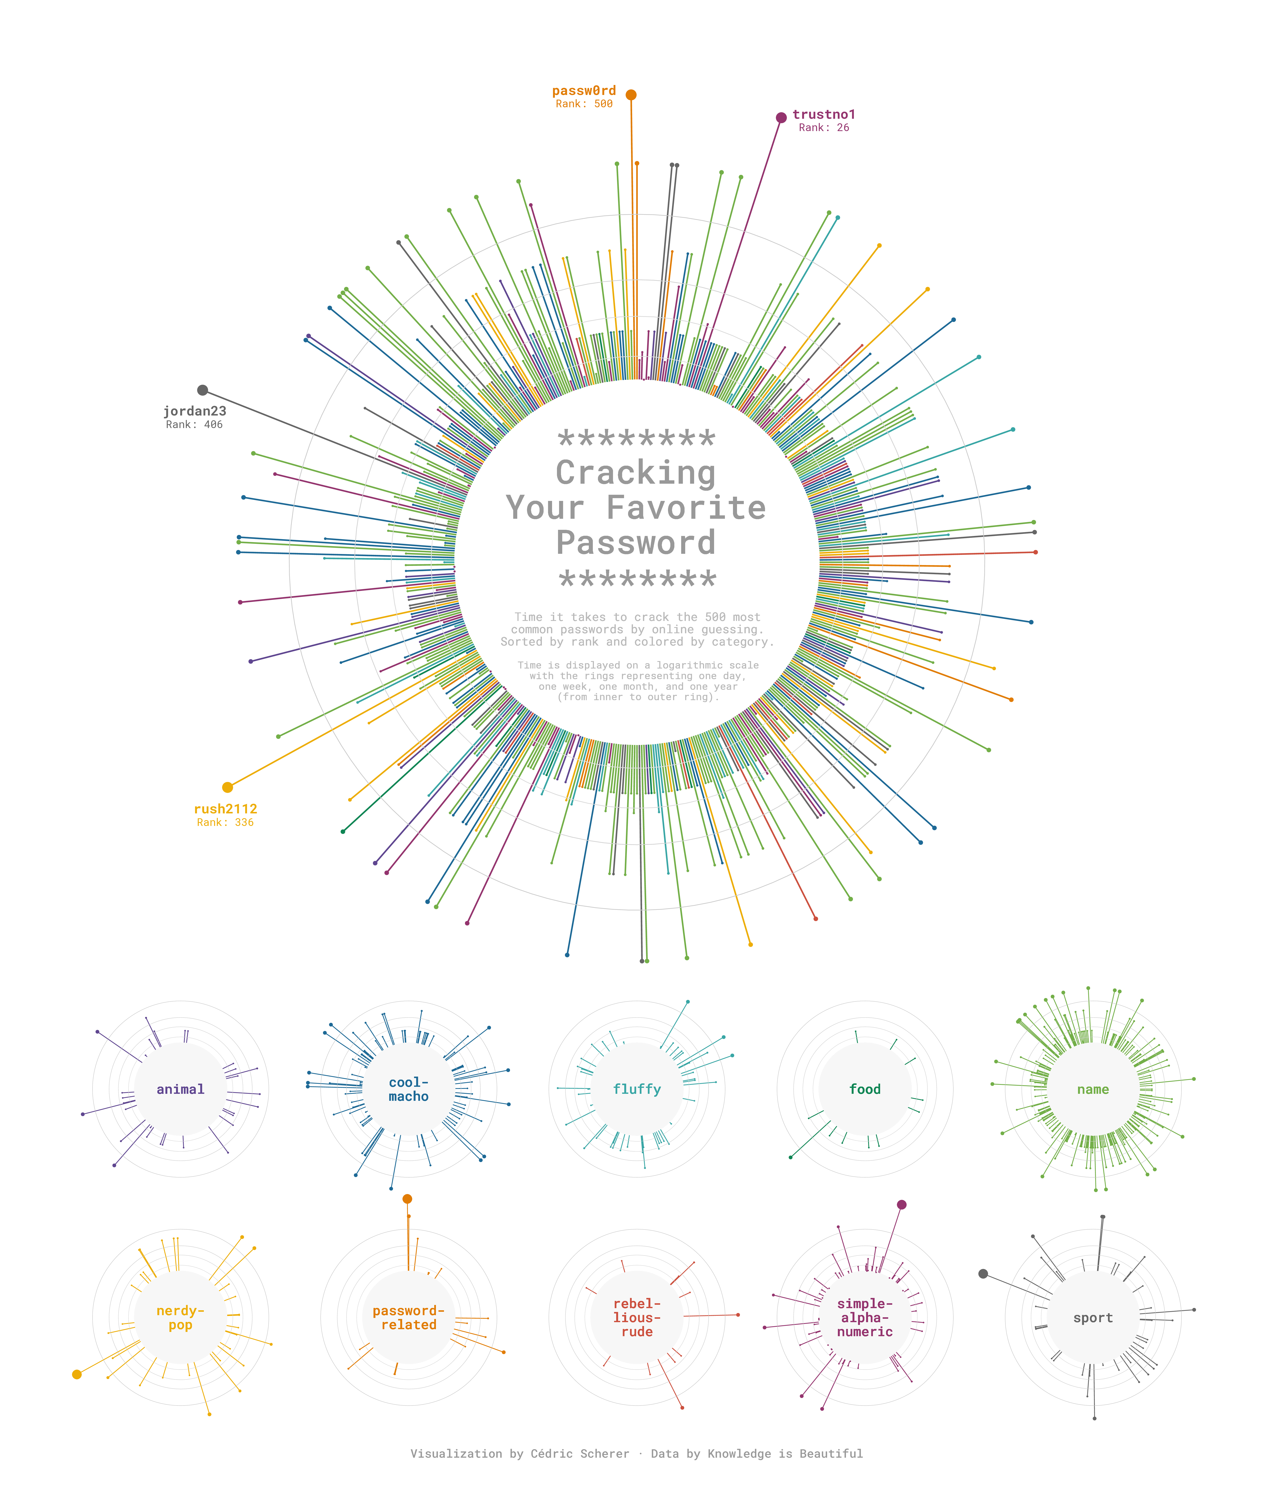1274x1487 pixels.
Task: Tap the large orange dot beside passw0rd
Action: (x=631, y=95)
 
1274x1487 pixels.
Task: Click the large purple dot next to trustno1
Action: (x=781, y=118)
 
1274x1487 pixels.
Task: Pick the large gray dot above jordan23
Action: (x=203, y=390)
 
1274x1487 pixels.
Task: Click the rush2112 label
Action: (x=225, y=809)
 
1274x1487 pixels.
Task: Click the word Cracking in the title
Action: (x=636, y=473)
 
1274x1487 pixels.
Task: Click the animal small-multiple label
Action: (x=181, y=1089)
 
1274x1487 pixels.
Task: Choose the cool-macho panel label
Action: (x=409, y=1089)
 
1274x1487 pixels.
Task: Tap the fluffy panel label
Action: (x=637, y=1089)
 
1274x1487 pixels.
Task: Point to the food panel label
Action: (x=865, y=1089)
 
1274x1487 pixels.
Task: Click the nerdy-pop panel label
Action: (x=181, y=1318)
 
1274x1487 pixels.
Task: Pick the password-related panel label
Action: (x=409, y=1318)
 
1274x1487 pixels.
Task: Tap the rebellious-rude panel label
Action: (x=637, y=1318)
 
